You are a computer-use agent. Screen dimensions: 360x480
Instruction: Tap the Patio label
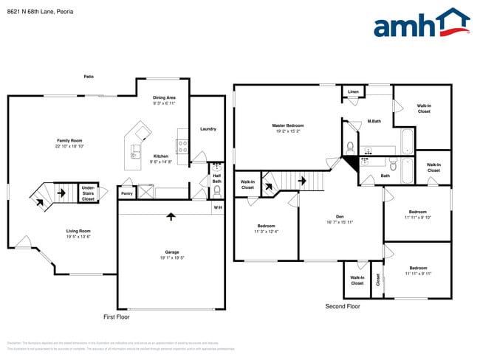point(89,76)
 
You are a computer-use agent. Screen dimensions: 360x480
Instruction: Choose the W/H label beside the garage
point(218,207)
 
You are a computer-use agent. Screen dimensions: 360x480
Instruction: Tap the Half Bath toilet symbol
point(217,190)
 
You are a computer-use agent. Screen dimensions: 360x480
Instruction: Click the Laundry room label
point(208,129)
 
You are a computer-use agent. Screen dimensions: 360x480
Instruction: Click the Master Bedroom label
point(288,125)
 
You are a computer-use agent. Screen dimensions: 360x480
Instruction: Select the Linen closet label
point(354,92)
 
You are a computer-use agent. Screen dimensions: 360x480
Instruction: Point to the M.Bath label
point(374,121)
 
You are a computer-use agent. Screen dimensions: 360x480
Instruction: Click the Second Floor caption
point(343,306)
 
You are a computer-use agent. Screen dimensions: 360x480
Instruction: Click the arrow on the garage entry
point(171,217)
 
